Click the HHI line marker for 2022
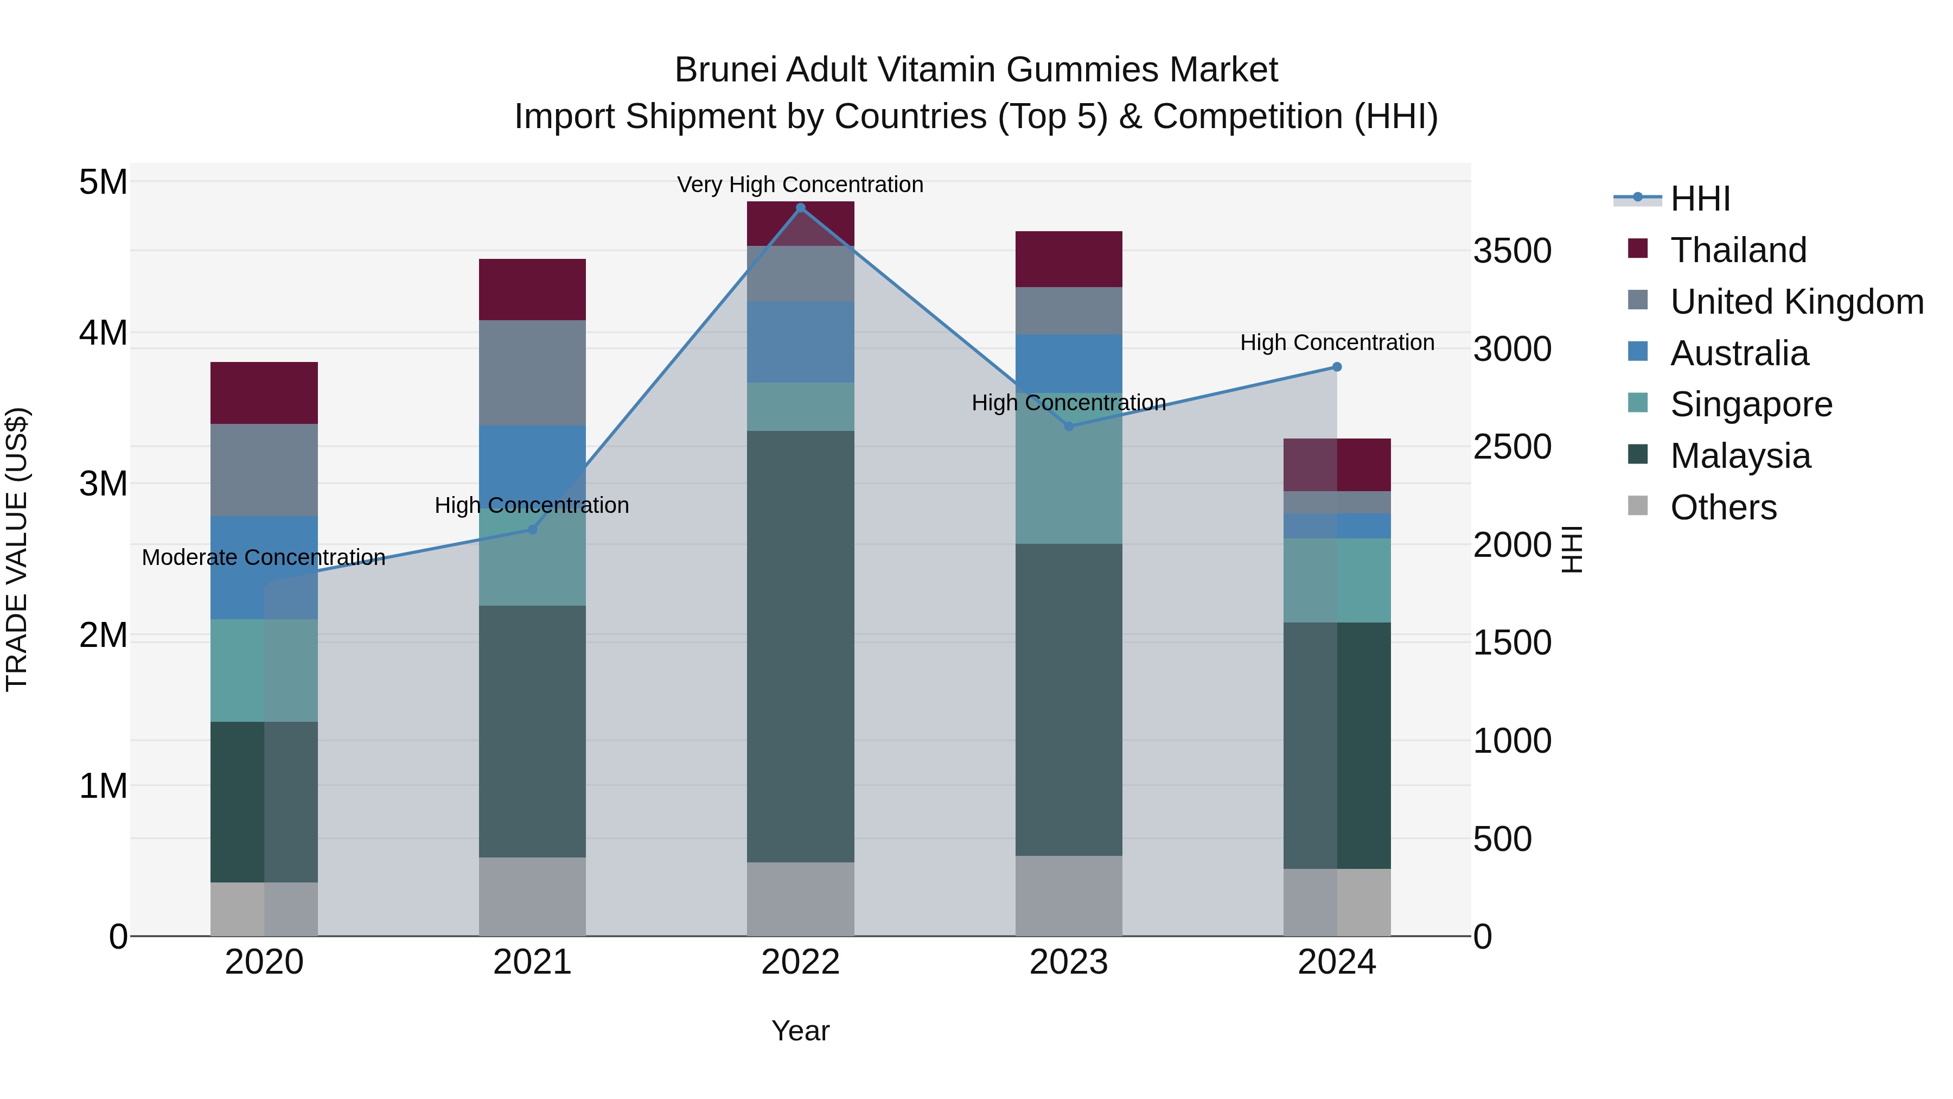pyautogui.click(x=801, y=208)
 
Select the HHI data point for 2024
pyautogui.click(x=1337, y=367)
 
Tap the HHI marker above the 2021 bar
pyautogui.click(x=532, y=529)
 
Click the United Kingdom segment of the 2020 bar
pyautogui.click(x=264, y=469)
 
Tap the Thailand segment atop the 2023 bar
pyautogui.click(x=1068, y=259)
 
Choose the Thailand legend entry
pyautogui.click(x=1738, y=250)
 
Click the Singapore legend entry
pyautogui.click(x=1751, y=404)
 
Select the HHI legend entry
pyautogui.click(x=1700, y=199)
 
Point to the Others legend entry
pyautogui.click(x=1722, y=507)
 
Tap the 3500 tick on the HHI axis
pyautogui.click(x=1512, y=251)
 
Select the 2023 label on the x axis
pyautogui.click(x=1068, y=962)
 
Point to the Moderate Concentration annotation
pyautogui.click(x=264, y=557)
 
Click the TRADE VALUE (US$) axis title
pyautogui.click(x=17, y=549)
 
